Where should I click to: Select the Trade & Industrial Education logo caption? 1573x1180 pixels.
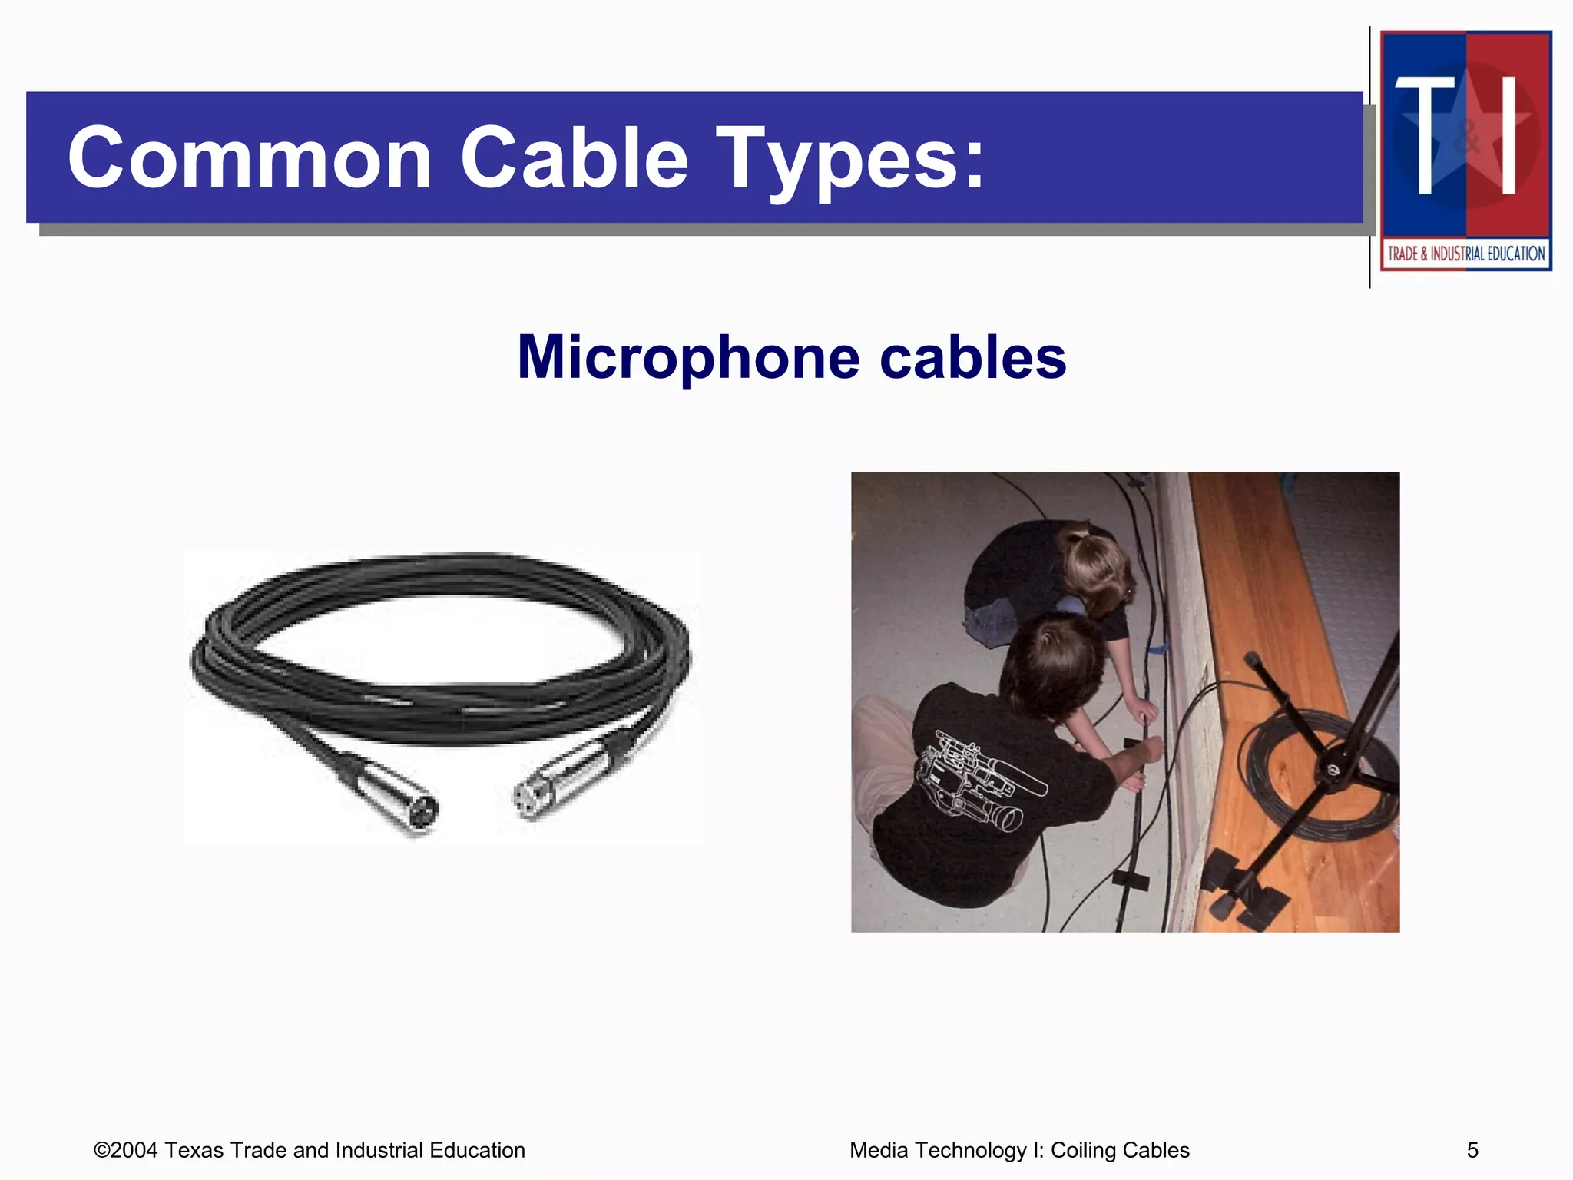coord(1465,254)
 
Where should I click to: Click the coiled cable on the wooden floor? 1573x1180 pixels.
coord(1306,776)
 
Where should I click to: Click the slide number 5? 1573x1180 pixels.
coord(1472,1150)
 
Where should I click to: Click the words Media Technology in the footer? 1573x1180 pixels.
coord(938,1150)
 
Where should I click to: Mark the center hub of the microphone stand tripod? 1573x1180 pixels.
coord(1333,768)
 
